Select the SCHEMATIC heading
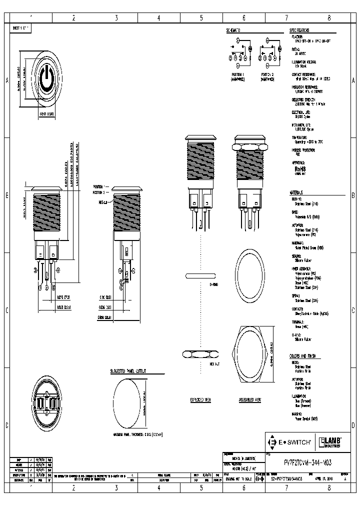(233, 30)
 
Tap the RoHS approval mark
(299, 169)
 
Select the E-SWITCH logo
(290, 442)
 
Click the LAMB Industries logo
(330, 442)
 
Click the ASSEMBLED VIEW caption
(250, 400)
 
